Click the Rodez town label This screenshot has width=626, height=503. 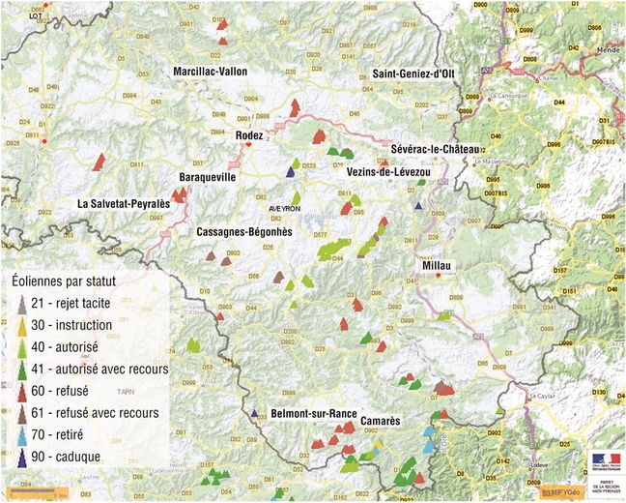click(x=249, y=136)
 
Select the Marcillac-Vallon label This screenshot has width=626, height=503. click(x=210, y=72)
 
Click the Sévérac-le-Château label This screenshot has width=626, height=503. click(x=436, y=149)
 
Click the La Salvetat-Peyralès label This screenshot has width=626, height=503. click(x=124, y=205)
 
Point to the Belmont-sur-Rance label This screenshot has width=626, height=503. click(x=314, y=413)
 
